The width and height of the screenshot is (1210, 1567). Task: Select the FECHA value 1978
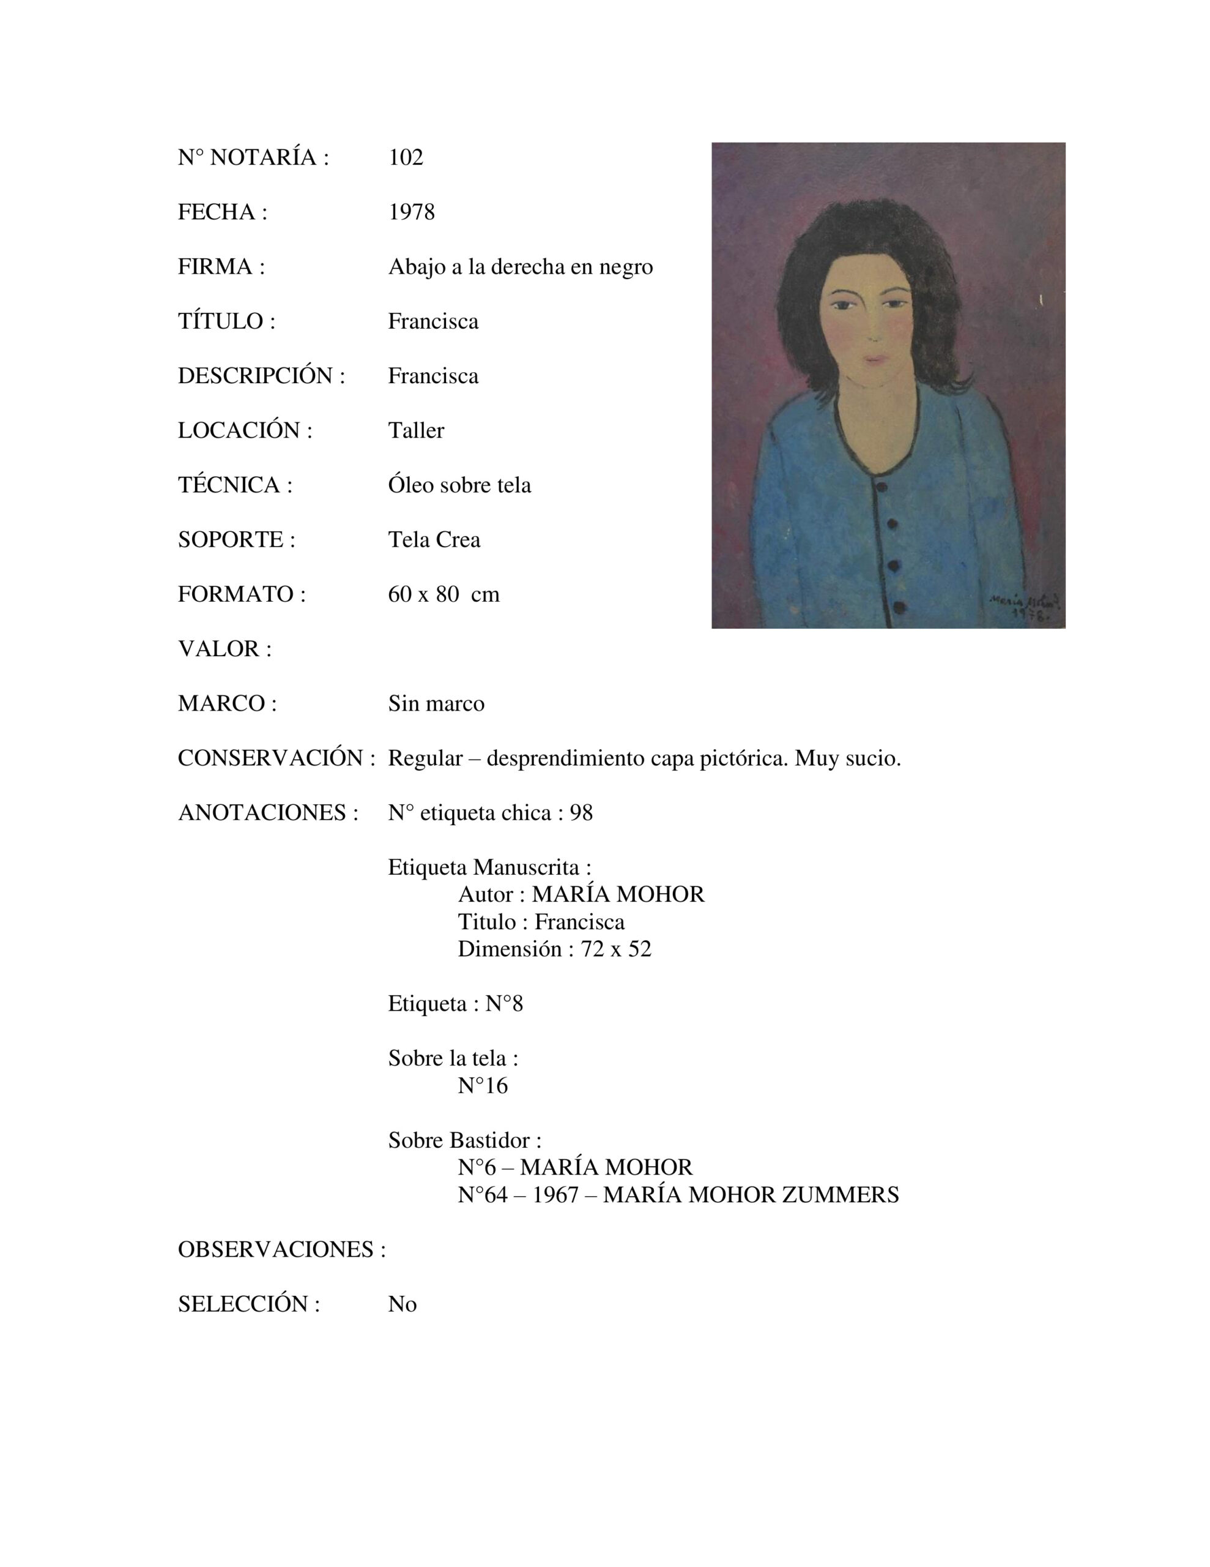coord(411,212)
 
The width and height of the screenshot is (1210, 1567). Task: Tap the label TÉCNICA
coord(234,485)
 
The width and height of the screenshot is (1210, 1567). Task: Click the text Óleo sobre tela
coord(459,485)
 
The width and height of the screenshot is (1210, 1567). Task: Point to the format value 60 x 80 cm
coord(444,594)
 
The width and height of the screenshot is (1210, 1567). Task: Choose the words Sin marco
coord(436,703)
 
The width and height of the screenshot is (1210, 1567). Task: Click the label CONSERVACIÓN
coord(276,758)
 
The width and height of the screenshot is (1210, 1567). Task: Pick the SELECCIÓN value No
coord(403,1304)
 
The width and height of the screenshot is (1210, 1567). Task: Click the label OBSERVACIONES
coord(281,1249)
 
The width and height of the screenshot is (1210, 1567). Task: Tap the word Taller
coord(416,430)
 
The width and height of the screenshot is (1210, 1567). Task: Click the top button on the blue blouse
coord(882,487)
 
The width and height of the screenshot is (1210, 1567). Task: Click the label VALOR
coord(224,649)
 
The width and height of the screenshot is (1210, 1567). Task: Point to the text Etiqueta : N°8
coord(456,1003)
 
